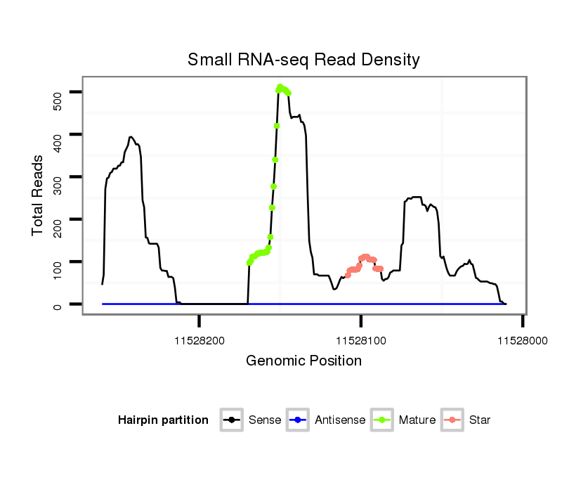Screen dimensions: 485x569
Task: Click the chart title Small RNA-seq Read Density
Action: (303, 60)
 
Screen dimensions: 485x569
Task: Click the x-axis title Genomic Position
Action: (303, 361)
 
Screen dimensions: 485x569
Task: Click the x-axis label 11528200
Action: (200, 340)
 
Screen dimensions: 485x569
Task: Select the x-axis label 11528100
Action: (361, 340)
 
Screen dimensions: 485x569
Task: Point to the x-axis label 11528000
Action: (522, 340)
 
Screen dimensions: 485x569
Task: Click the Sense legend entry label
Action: (265, 420)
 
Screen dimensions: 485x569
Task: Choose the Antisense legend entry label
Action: (339, 420)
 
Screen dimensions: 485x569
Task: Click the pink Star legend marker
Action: (452, 420)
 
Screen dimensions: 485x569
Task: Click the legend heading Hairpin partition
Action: (163, 420)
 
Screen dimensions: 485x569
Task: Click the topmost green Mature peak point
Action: (280, 86)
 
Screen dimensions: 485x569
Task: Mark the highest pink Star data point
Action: (365, 257)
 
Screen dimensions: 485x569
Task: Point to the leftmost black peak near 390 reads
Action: (131, 137)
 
